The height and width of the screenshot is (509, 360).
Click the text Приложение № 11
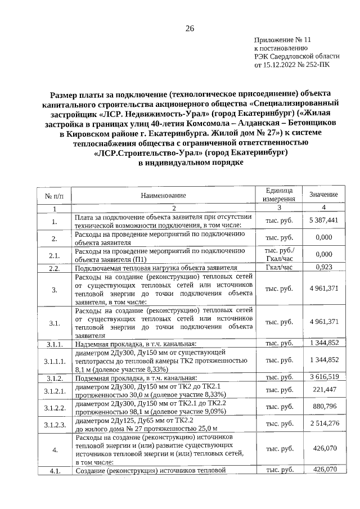point(282,40)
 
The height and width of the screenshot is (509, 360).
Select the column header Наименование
point(163,195)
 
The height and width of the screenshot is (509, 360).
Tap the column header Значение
point(323,195)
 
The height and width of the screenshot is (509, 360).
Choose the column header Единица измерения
point(276,195)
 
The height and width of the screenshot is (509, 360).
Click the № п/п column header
point(55,195)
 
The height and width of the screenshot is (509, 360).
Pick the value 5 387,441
point(323,220)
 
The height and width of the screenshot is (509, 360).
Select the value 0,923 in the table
point(323,267)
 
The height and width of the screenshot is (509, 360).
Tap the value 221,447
point(323,389)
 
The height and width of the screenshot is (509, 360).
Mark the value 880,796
point(323,406)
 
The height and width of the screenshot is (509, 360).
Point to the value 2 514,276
point(323,423)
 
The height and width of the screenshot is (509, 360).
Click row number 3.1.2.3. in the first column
point(55,424)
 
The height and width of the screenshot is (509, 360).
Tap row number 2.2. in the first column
point(55,268)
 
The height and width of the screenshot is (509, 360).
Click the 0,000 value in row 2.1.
point(323,254)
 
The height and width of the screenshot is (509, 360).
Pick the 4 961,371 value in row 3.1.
point(323,322)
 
